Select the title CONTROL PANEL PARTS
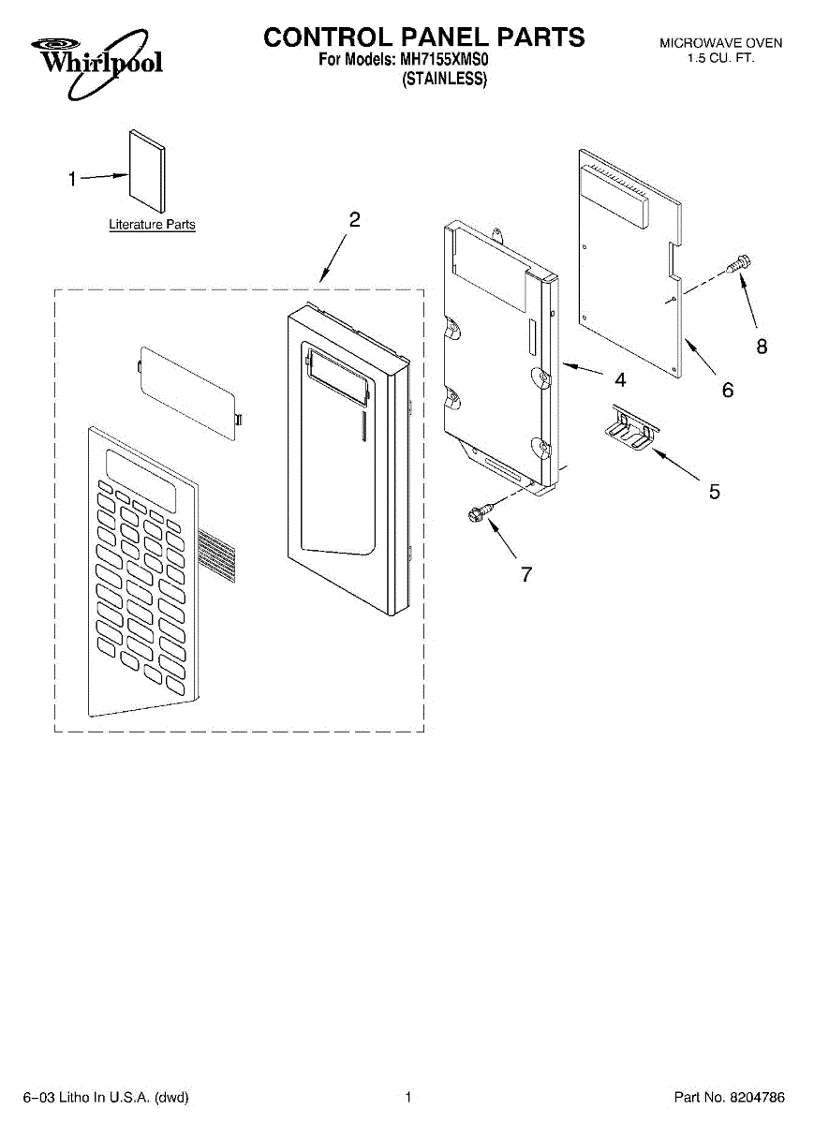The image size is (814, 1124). (x=423, y=37)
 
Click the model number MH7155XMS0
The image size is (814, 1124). (x=445, y=62)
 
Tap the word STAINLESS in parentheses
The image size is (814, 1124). (x=445, y=80)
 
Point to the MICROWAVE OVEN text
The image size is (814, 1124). (x=720, y=43)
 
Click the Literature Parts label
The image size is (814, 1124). (x=152, y=225)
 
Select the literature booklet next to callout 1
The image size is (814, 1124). (x=146, y=170)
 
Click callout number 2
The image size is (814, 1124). (x=354, y=221)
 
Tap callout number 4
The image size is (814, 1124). (x=620, y=380)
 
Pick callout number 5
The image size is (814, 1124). (x=714, y=491)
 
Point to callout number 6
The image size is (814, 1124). (x=728, y=391)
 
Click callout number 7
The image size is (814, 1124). (x=526, y=575)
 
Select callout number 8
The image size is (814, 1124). (x=762, y=347)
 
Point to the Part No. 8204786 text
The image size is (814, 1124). (x=730, y=1097)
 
